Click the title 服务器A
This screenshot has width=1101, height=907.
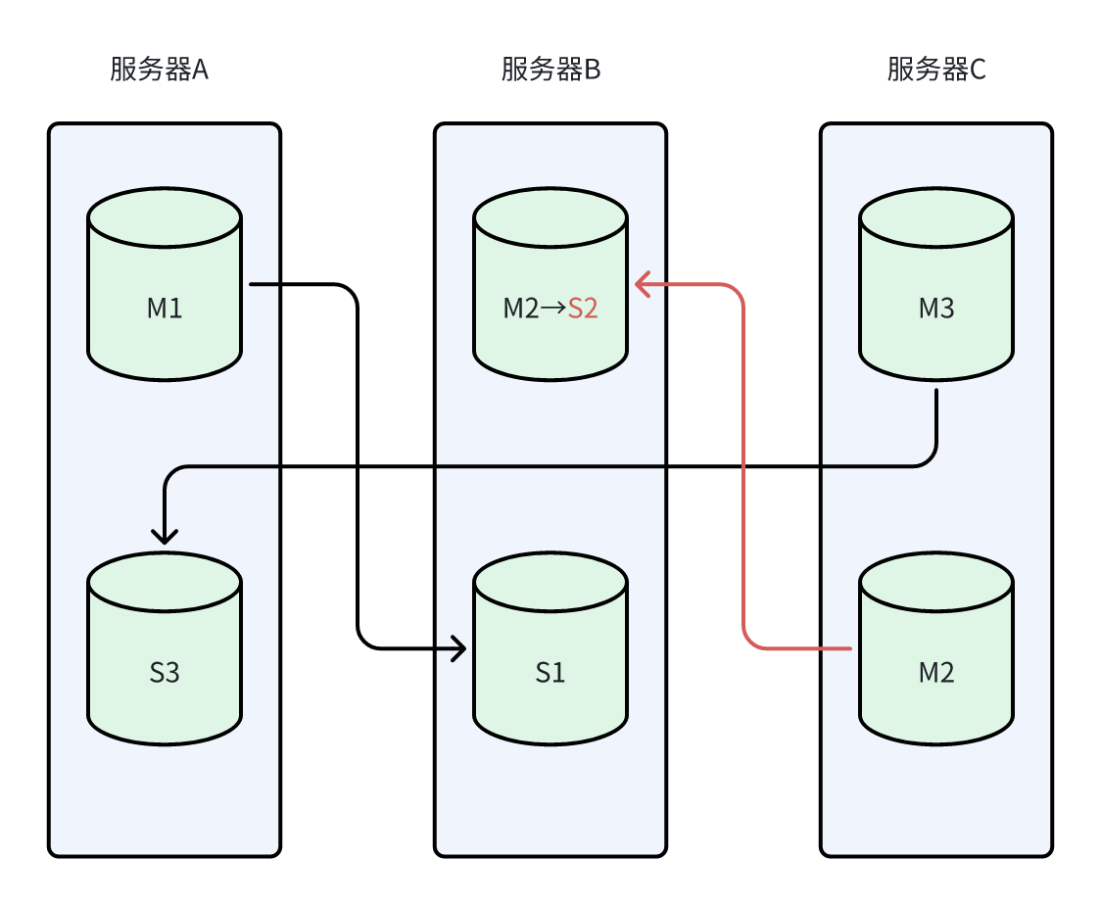pos(159,71)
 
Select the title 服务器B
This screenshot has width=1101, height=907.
pos(550,71)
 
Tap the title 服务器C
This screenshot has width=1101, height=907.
pos(936,71)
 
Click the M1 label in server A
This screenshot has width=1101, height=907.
pos(165,309)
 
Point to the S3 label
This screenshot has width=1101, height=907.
pos(165,673)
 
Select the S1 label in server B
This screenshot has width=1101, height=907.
pos(550,673)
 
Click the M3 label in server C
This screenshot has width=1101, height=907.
pos(936,309)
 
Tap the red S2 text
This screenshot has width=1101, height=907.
pos(583,309)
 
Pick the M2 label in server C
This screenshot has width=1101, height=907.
pos(936,673)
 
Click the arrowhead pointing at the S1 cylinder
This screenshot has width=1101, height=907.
pos(458,648)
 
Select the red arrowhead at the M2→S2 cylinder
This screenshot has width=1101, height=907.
pos(643,285)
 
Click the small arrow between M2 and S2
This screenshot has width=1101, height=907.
pos(553,309)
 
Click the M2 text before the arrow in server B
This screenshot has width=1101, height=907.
pos(520,309)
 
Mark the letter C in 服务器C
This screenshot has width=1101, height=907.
pos(978,71)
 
